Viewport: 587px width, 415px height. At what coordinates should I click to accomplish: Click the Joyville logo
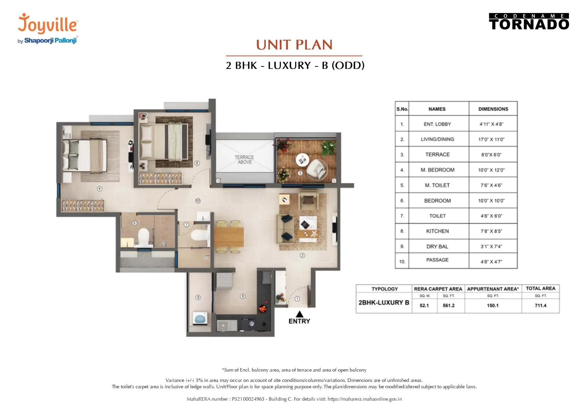[x=48, y=28]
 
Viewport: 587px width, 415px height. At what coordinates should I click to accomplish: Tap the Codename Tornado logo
[x=529, y=22]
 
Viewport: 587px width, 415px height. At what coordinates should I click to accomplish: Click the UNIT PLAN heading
[x=295, y=45]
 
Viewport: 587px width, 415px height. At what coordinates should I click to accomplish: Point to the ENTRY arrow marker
[x=300, y=314]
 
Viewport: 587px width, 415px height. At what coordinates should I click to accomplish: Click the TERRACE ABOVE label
[x=244, y=160]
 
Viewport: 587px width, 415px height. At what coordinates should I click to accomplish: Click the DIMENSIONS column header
[x=493, y=109]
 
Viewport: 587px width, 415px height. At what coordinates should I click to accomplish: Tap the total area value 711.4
[x=540, y=305]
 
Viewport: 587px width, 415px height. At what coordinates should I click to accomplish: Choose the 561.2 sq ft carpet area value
[x=449, y=305]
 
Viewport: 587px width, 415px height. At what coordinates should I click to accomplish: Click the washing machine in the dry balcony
[x=200, y=318]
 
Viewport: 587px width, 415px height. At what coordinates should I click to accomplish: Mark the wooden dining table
[x=229, y=237]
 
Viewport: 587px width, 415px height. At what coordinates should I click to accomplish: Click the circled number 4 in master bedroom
[x=99, y=189]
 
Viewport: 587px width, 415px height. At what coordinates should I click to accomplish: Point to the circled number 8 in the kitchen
[x=243, y=296]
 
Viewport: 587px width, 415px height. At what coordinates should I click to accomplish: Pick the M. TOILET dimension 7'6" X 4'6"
[x=491, y=185]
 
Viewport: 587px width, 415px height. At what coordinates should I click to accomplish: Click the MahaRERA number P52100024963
[x=248, y=399]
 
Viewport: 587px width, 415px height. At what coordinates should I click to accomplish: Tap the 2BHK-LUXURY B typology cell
[x=384, y=303]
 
